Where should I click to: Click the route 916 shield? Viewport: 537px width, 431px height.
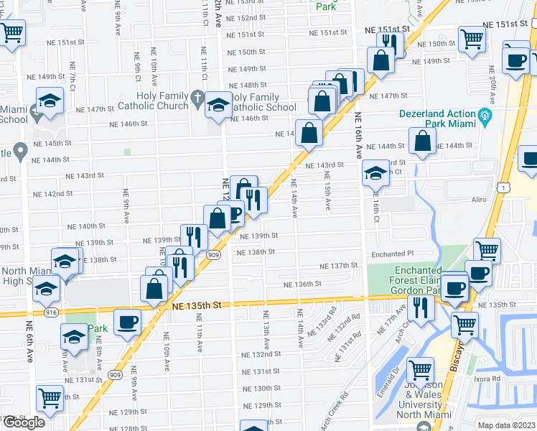51,313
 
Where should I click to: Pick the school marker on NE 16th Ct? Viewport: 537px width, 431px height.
375,173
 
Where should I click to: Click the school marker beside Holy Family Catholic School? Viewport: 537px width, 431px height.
218,105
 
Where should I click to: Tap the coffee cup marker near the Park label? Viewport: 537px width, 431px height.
128,321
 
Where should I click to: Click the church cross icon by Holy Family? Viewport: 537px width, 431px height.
197,97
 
